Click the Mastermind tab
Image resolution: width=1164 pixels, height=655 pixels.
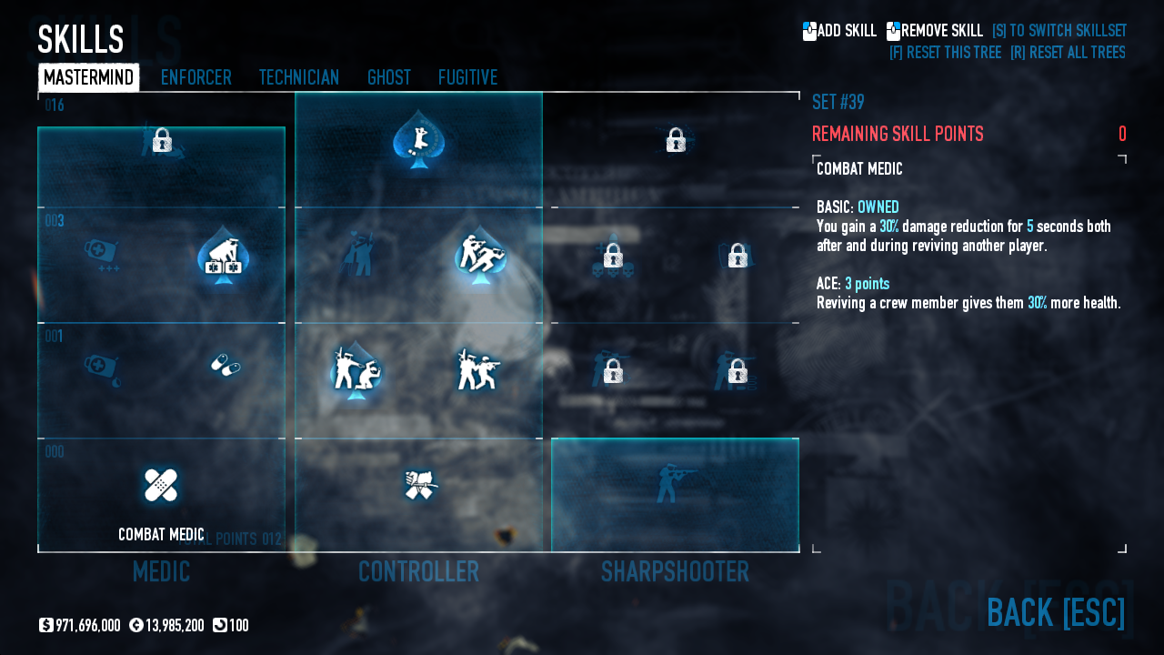(88, 77)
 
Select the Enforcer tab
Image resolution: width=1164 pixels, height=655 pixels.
(196, 77)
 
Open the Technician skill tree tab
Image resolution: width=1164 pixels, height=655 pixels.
(298, 77)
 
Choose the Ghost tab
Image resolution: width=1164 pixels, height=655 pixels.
(388, 77)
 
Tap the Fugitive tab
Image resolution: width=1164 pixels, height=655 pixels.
(467, 77)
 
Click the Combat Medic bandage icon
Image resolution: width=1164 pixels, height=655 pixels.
(161, 485)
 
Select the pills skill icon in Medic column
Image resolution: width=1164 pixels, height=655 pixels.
(225, 366)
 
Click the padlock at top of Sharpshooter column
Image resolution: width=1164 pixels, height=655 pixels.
(675, 140)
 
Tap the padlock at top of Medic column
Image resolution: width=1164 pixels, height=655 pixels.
(162, 140)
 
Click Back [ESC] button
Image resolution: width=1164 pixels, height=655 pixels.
(1055, 612)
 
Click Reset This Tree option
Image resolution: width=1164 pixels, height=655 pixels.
(945, 52)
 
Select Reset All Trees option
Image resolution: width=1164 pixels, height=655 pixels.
(1067, 52)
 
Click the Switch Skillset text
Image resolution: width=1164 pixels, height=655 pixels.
(1059, 31)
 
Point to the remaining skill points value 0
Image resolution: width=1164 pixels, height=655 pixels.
(1122, 135)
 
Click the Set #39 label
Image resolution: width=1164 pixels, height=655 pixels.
(838, 102)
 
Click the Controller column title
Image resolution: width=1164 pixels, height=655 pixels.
(418, 571)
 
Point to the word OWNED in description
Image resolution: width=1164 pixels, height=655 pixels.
(878, 207)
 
